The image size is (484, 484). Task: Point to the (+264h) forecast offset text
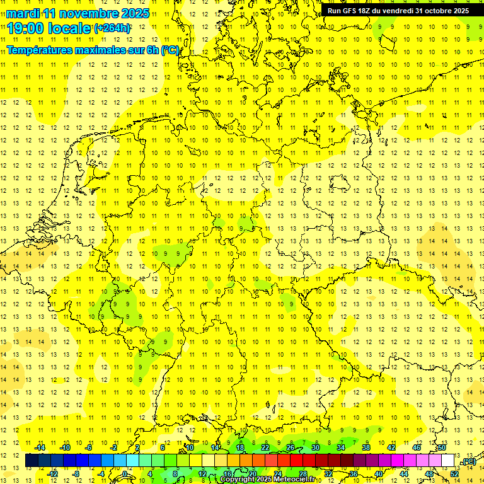click(112, 28)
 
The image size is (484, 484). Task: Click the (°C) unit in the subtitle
click(170, 49)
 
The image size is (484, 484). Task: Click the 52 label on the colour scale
click(454, 474)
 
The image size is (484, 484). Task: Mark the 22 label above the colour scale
click(265, 447)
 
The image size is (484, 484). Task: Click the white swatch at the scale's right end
click(448, 461)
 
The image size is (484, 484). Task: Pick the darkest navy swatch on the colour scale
click(32, 461)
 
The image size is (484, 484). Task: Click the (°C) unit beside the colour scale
click(468, 461)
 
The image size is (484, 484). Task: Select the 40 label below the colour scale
click(379, 474)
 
